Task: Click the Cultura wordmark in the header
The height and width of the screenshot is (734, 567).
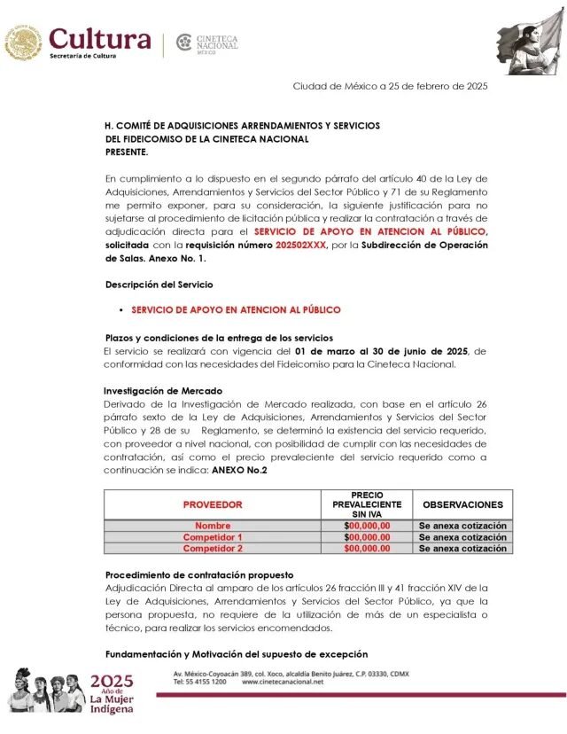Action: point(100,39)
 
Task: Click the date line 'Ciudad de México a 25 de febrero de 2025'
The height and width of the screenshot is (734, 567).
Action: point(390,86)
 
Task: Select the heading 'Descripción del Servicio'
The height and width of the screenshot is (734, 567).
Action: point(159,285)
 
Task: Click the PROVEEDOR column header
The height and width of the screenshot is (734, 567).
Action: point(213,504)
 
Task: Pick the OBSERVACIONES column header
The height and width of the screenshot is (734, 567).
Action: point(462,504)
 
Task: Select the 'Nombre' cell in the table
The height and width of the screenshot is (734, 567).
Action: point(213,526)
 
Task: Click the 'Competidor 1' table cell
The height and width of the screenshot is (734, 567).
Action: point(213,537)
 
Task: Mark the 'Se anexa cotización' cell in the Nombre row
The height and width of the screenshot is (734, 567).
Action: point(462,526)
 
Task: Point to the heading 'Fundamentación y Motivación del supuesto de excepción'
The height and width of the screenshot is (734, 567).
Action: point(236,654)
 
